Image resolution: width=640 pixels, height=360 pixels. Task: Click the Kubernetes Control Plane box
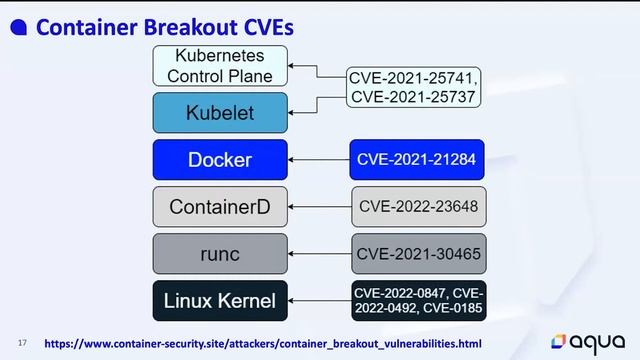point(220,65)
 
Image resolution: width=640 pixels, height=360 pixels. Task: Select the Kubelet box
point(220,113)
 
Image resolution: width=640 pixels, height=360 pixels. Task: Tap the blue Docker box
point(220,160)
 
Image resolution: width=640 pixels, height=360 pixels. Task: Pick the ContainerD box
point(220,207)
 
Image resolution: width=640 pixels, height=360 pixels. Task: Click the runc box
point(220,254)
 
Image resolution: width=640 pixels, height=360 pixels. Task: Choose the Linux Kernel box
point(220,301)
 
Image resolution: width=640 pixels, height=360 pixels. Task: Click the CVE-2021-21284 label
point(418,160)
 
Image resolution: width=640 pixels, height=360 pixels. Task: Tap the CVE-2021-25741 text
point(414,77)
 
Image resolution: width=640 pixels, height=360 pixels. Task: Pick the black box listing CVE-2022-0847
point(418,301)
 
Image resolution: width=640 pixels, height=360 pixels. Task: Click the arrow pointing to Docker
point(319,160)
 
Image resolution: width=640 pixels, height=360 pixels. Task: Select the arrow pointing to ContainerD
point(319,207)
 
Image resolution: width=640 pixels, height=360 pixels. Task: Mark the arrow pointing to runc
point(319,254)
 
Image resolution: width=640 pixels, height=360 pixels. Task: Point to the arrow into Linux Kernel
point(319,301)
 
